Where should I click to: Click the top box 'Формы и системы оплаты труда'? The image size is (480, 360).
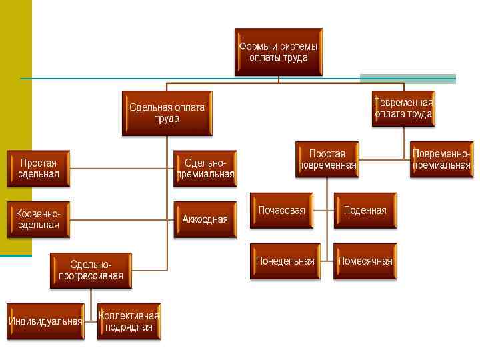278,52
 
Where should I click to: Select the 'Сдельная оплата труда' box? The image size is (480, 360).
167,113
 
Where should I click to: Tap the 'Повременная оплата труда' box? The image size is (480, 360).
403,109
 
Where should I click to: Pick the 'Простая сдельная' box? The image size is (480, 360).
39,169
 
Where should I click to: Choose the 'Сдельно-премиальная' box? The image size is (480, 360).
205,169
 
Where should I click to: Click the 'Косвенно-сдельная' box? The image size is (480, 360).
39,219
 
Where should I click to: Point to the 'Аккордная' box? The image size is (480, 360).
205,219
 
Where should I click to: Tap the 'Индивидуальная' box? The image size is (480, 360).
45,321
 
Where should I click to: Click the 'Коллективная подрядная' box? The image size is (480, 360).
129,321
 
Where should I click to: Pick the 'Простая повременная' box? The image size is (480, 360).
327,159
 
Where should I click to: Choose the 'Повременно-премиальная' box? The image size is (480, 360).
441,159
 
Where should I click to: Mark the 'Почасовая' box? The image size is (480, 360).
281,211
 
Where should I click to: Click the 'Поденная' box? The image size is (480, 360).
365,211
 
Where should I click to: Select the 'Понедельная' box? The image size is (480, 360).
285,261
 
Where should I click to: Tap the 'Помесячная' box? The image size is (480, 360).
365,261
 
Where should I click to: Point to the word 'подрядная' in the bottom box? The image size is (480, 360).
129,327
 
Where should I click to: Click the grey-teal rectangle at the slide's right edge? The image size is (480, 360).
407,79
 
